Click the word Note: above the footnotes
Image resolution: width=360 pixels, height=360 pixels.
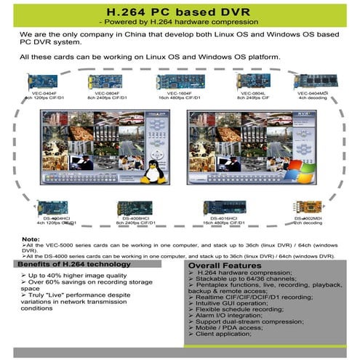[31, 239]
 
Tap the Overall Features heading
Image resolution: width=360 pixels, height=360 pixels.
[223, 267]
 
